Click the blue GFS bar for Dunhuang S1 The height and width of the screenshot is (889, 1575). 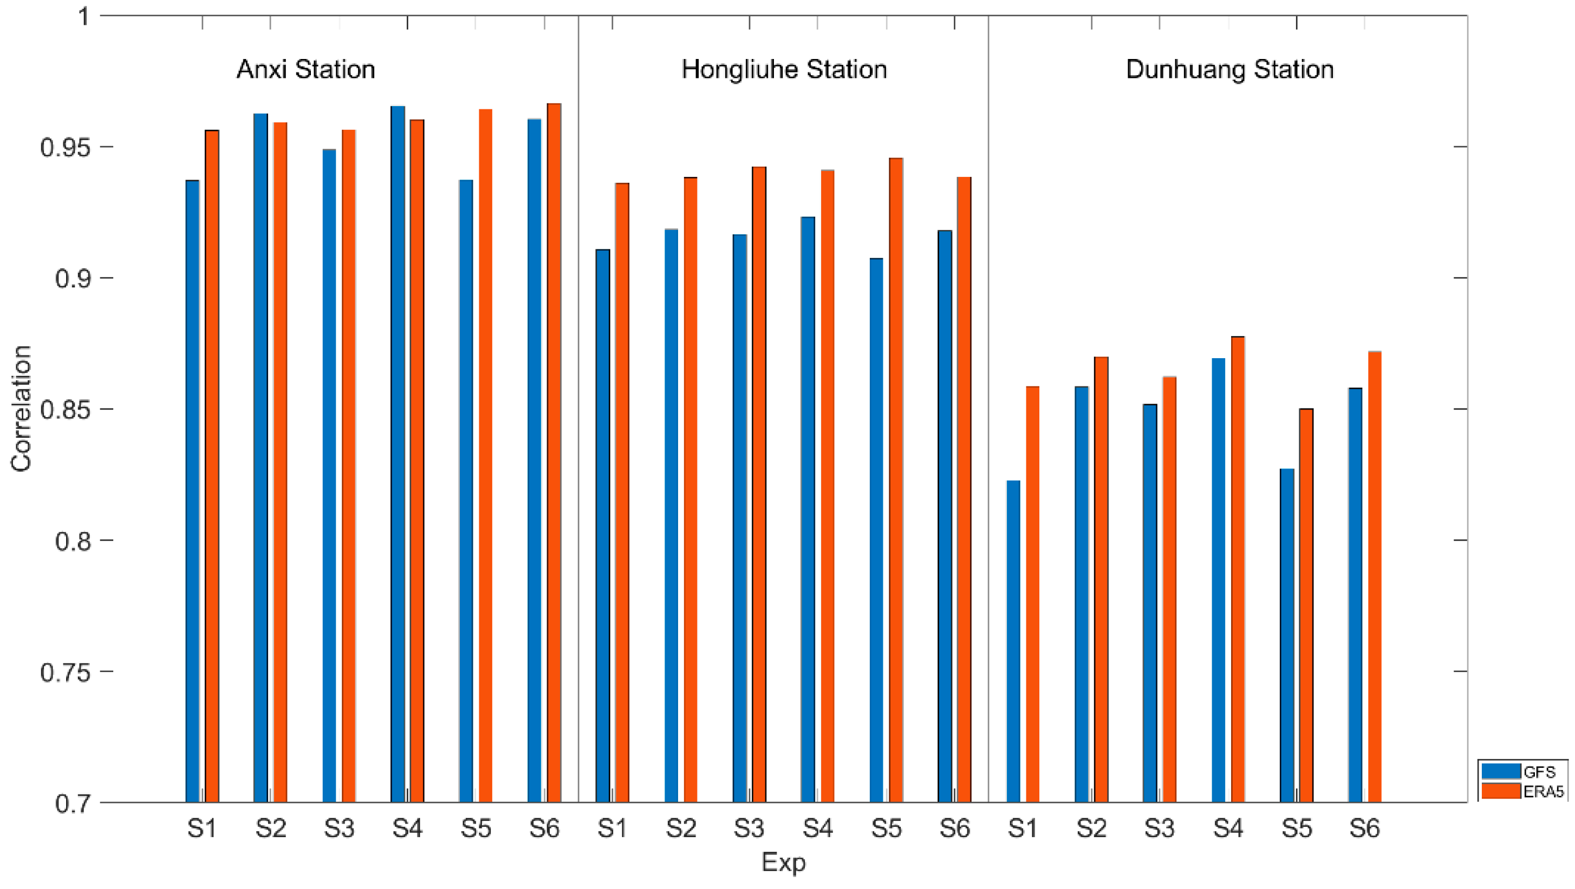tap(1013, 641)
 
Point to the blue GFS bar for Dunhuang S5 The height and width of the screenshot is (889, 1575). tap(1287, 635)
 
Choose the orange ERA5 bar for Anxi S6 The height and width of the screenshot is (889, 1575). tap(554, 452)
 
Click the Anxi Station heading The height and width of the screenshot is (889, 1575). tap(305, 70)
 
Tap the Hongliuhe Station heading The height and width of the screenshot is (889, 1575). tap(784, 70)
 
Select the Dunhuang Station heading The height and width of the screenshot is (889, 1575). tap(1229, 70)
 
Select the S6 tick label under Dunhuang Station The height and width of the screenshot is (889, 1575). tap(1365, 829)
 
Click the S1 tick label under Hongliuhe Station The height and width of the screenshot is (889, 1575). tap(612, 829)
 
